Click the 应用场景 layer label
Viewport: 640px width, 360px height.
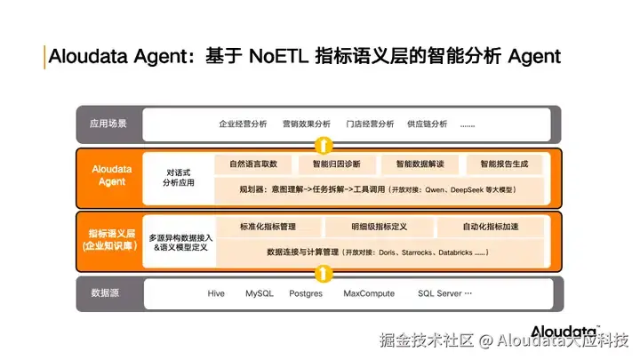[x=108, y=124]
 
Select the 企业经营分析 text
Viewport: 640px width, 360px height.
[x=243, y=124]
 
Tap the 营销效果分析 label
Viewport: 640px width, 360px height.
[x=306, y=124]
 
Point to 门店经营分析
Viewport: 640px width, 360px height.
[x=369, y=124]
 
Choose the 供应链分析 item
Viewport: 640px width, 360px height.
[x=427, y=124]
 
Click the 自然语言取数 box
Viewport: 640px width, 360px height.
[x=253, y=164]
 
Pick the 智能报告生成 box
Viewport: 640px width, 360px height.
[x=504, y=164]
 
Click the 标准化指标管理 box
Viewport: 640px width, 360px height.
[x=268, y=228]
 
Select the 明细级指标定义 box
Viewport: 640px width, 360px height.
[x=379, y=228]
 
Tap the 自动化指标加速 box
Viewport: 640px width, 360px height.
[x=490, y=228]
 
